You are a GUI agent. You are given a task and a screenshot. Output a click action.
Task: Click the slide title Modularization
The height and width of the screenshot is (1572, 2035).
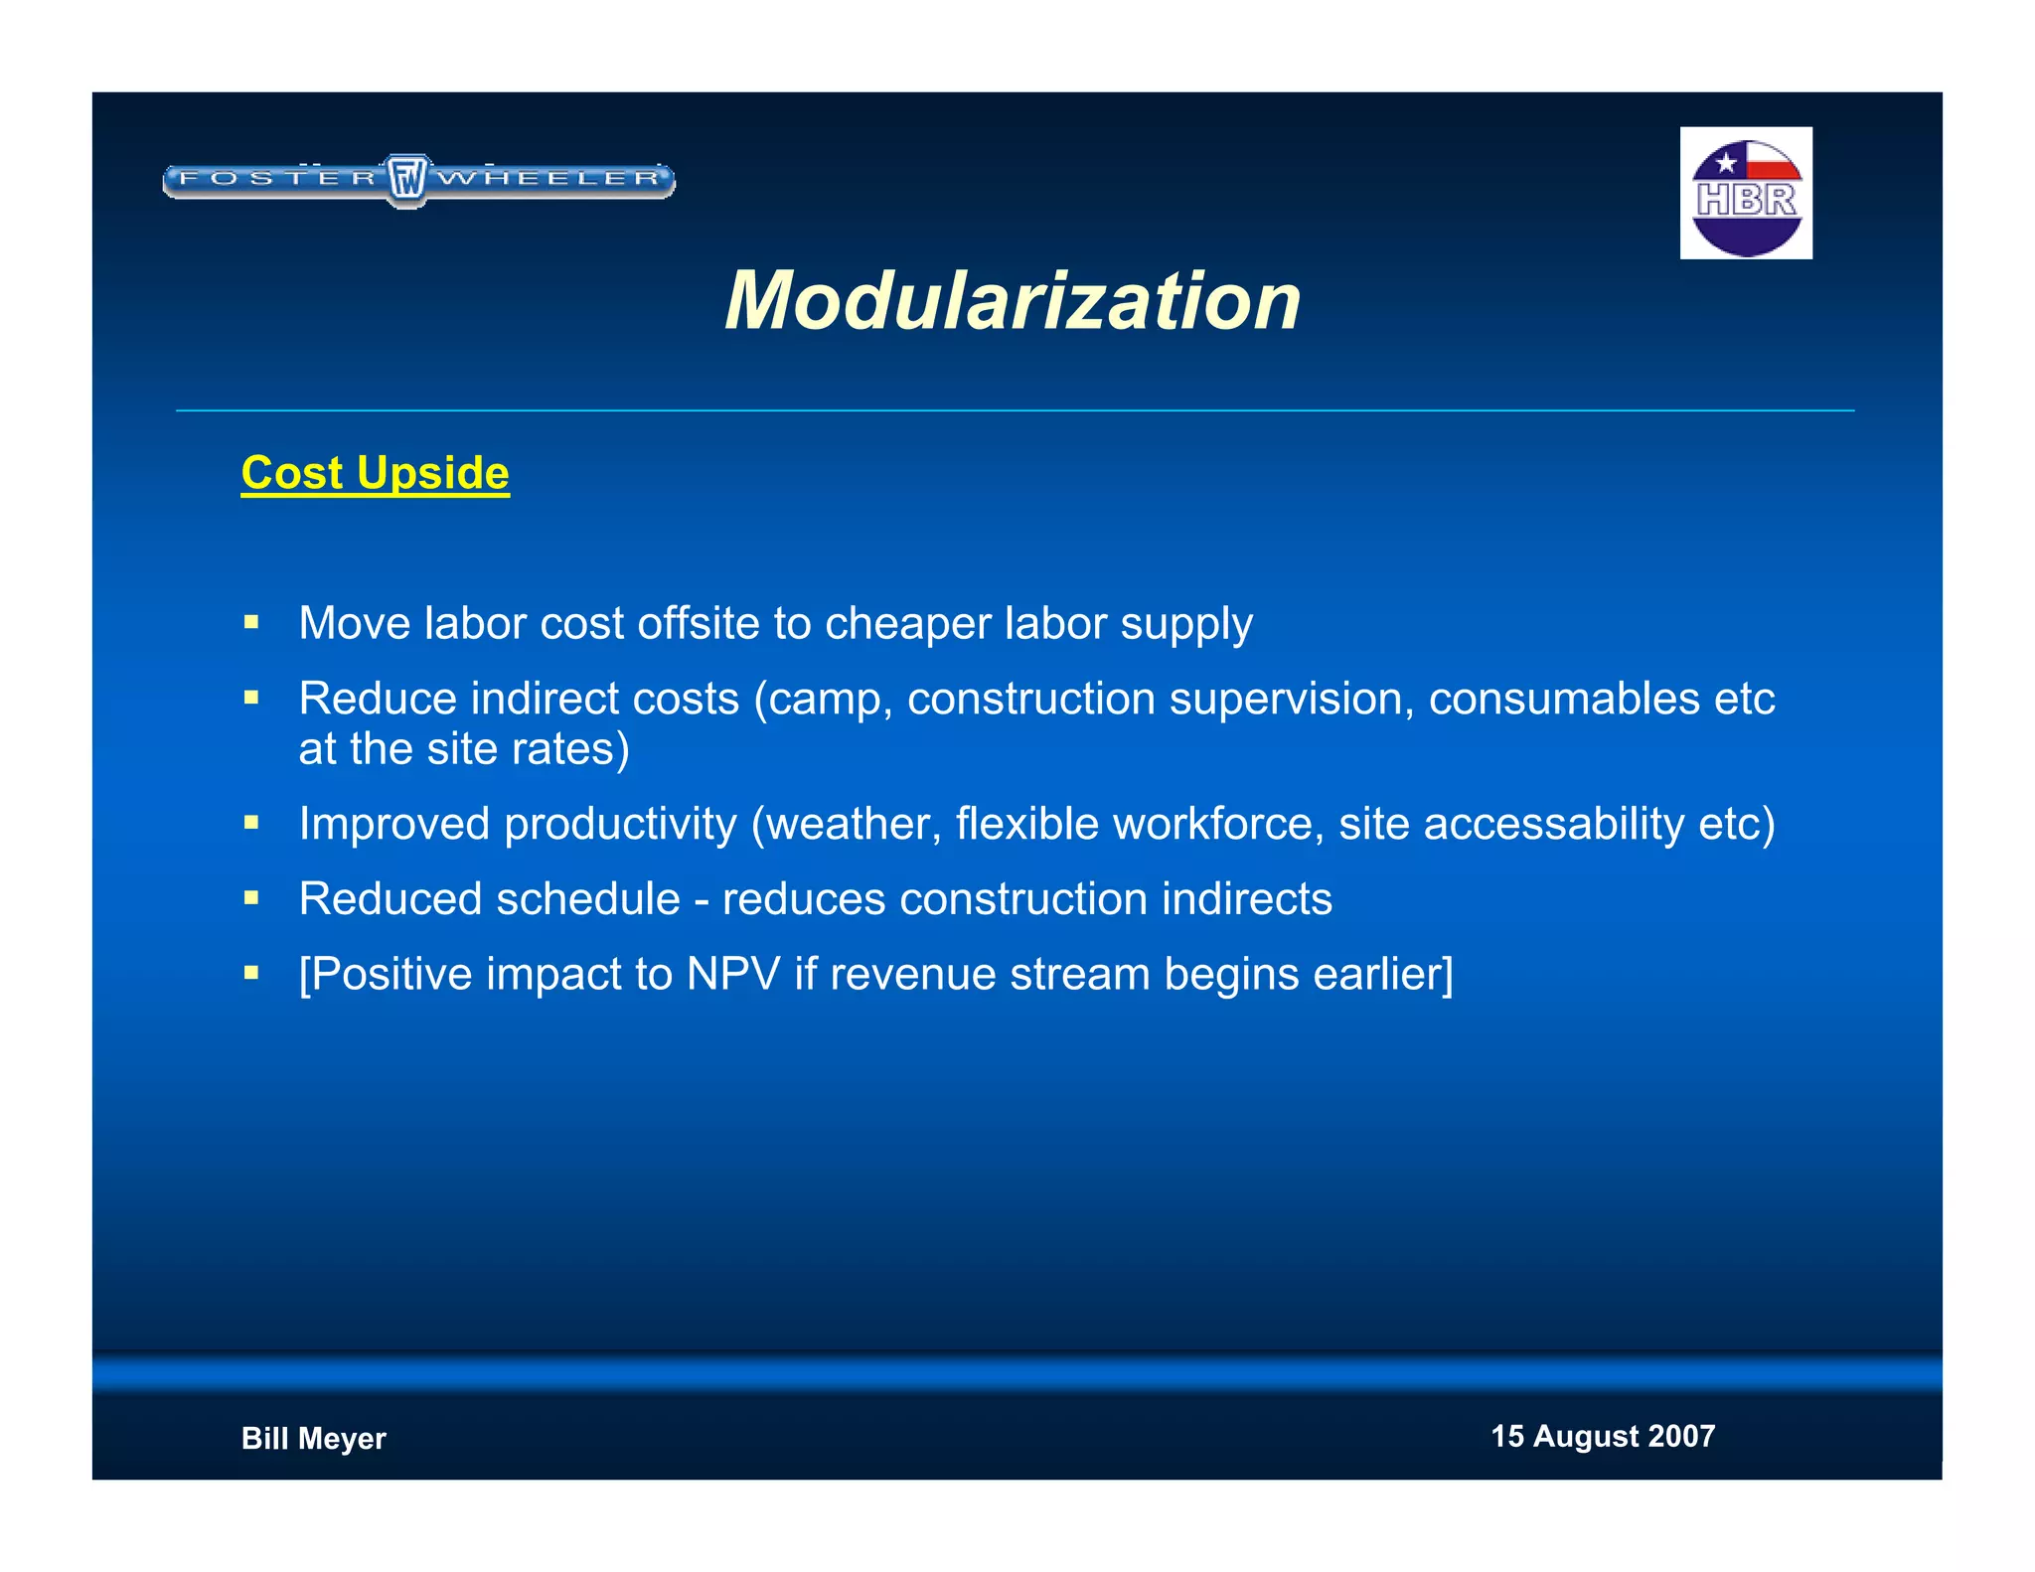[x=1013, y=301]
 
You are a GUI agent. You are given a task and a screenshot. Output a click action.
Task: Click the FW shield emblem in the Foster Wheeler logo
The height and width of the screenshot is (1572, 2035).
[x=406, y=180]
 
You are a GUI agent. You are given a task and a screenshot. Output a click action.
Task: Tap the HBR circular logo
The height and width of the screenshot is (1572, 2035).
[x=1746, y=195]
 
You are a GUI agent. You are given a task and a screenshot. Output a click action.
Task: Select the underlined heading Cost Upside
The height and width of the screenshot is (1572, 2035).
[x=375, y=473]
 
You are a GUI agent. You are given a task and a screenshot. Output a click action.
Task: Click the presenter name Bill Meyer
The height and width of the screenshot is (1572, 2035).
[x=313, y=1438]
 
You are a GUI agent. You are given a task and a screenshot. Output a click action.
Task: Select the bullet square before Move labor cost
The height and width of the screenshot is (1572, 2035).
[x=251, y=623]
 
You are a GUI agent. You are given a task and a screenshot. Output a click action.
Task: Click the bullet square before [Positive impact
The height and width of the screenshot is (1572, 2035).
[x=251, y=973]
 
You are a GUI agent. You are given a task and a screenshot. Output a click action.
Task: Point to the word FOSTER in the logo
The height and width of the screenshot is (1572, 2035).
[x=278, y=179]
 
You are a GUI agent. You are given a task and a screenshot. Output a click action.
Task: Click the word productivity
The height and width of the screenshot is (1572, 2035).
[x=620, y=824]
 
